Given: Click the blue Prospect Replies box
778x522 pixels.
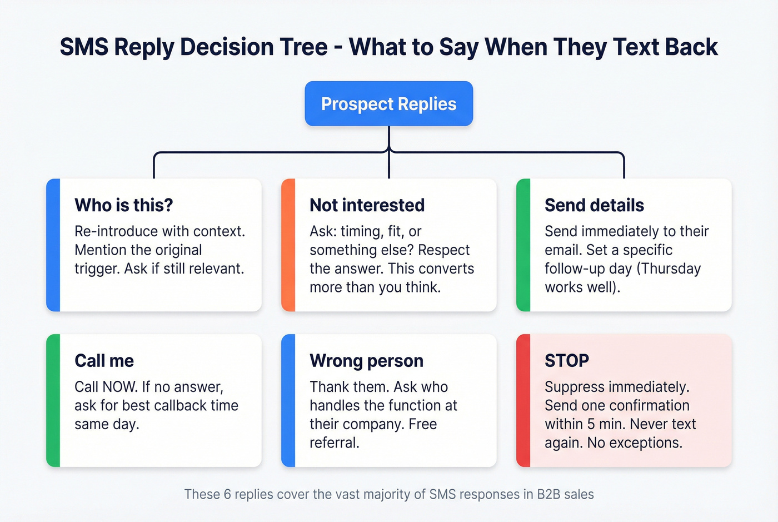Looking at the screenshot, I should pyautogui.click(x=388, y=104).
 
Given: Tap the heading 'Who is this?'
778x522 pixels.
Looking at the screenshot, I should pyautogui.click(x=123, y=205).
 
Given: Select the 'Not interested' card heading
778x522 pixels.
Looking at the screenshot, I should pyautogui.click(x=367, y=205).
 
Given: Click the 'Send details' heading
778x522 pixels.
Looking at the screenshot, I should pyautogui.click(x=594, y=205).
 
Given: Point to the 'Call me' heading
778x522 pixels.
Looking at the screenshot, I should pyautogui.click(x=104, y=361).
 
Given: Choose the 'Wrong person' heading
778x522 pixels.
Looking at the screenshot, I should pyautogui.click(x=366, y=361).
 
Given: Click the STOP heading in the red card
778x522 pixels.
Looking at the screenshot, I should pyautogui.click(x=566, y=361).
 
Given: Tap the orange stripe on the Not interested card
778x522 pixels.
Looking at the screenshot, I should pyautogui.click(x=288, y=245).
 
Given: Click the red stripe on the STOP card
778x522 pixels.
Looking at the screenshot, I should pyautogui.click(x=523, y=400).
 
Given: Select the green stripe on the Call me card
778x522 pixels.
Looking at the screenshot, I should pyautogui.click(x=53, y=400).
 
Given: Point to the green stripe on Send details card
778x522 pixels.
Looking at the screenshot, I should pyautogui.click(x=523, y=245).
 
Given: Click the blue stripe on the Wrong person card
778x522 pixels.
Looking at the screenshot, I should pyautogui.click(x=288, y=400).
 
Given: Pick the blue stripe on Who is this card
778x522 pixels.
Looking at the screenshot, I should pyautogui.click(x=53, y=245).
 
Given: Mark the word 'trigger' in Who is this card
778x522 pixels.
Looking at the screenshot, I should pyautogui.click(x=97, y=269).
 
